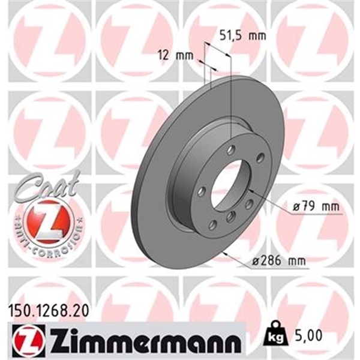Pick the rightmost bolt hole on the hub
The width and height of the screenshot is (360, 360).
(x=260, y=158)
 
